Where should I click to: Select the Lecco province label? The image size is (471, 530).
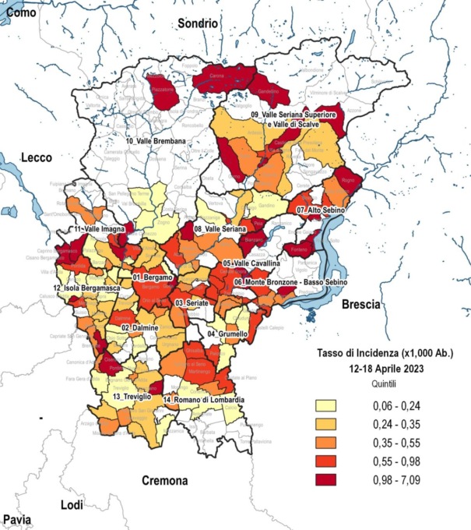tap(37, 157)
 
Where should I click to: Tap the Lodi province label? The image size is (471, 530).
tap(72, 505)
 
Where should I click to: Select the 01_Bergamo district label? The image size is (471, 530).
tap(151, 277)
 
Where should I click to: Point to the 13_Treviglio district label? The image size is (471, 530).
tap(127, 397)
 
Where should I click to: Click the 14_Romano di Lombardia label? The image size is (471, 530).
tap(203, 400)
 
